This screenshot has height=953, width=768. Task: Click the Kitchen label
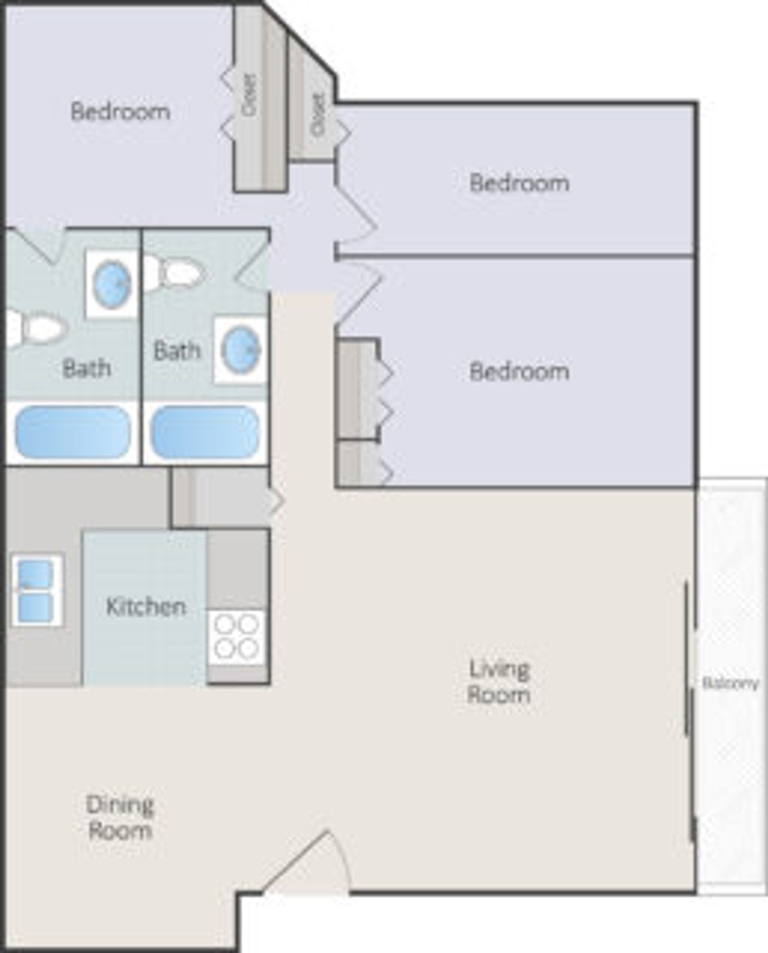[146, 607]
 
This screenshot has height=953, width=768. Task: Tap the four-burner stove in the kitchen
[237, 638]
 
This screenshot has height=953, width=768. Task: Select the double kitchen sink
[36, 590]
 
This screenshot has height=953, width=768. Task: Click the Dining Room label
[120, 817]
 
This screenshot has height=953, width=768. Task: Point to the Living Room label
[499, 682]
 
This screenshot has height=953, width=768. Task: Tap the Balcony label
[730, 683]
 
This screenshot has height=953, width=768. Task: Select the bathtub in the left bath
[72, 432]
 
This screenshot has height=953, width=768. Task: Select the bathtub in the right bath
[205, 432]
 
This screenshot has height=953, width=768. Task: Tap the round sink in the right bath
[240, 350]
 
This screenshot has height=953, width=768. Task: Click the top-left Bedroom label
[120, 111]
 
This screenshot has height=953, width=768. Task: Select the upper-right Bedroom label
[519, 183]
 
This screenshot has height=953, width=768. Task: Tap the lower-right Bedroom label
[519, 371]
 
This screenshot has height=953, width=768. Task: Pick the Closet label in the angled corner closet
[318, 115]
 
